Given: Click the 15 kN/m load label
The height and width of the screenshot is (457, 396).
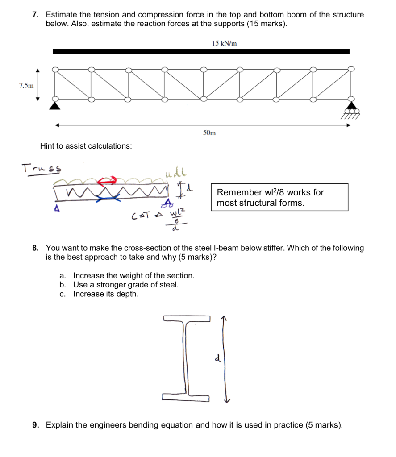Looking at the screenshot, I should coord(224,43).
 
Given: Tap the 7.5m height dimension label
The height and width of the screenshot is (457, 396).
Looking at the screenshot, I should coord(26,85).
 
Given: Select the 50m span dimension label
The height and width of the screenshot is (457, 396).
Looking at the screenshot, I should coord(209,133).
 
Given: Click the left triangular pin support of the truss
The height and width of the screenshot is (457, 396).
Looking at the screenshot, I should coord(54,106).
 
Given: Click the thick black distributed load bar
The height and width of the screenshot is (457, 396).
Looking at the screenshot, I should coord(201,52).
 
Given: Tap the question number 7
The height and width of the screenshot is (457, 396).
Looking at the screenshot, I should coord(35,15).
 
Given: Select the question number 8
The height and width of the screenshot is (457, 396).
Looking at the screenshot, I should coord(35,248).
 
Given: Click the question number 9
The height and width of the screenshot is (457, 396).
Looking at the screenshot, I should coord(35,424).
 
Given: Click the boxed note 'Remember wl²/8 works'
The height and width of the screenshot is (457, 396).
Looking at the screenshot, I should coord(279,198).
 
